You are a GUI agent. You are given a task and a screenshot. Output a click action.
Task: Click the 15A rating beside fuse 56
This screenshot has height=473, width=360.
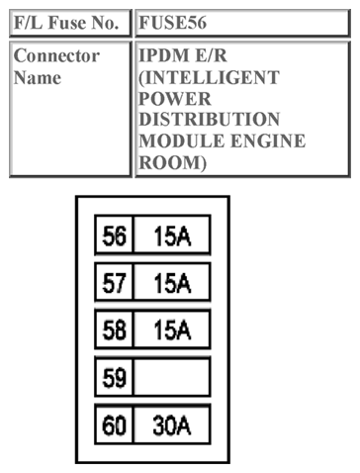tap(172, 237)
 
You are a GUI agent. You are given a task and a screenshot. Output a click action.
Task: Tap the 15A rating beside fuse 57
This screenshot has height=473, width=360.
tap(172, 285)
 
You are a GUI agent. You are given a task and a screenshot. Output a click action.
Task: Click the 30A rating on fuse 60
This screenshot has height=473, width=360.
tap(172, 426)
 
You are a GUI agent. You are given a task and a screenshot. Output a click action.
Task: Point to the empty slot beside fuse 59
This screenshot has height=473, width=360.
tap(172, 378)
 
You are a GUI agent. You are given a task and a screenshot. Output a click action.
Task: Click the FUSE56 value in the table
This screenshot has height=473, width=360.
tap(173, 21)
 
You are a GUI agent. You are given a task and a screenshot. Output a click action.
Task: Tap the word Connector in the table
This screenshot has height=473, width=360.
tap(56, 55)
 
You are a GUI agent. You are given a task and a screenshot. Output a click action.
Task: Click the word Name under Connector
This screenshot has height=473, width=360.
tap(37, 76)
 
